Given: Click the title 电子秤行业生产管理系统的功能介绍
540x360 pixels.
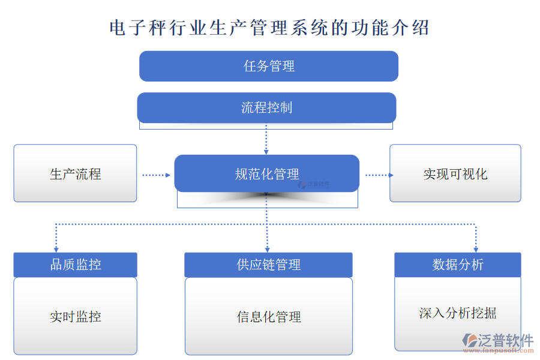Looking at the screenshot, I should (269, 28).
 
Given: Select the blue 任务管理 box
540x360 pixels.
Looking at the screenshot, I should (269, 66).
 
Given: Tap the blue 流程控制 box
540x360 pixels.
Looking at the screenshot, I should (266, 108).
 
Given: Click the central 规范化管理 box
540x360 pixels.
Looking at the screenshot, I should (267, 174).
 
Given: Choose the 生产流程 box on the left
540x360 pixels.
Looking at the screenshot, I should (75, 173).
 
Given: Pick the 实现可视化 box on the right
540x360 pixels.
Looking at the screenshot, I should (455, 173).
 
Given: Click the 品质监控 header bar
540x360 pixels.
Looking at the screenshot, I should (75, 265).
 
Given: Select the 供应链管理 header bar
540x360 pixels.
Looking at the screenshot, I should (268, 265).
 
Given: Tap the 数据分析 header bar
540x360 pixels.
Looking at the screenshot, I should (457, 265).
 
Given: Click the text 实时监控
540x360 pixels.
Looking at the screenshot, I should (75, 317).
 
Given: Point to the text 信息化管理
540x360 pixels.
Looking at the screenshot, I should (268, 317).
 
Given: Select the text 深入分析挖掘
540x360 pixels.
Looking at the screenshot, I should (457, 313).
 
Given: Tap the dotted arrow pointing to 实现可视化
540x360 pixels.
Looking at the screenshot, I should (379, 175).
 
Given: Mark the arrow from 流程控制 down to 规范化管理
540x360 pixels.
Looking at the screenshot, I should (266, 139).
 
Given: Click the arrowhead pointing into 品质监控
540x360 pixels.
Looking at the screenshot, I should (56, 248).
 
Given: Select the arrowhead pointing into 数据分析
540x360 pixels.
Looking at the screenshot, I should (476, 248).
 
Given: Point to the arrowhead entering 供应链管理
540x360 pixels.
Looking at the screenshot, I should (267, 248).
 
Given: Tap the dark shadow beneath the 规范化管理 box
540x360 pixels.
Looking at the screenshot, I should (267, 196).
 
